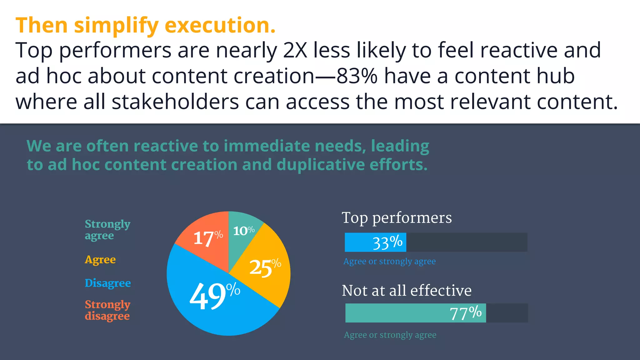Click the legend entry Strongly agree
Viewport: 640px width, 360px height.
click(x=107, y=229)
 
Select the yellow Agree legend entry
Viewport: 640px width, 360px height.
click(x=100, y=260)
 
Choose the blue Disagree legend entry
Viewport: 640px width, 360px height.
click(x=107, y=283)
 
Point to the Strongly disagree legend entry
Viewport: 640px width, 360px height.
click(x=107, y=310)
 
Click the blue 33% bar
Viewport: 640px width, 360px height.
click(x=375, y=242)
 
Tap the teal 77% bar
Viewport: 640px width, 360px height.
click(x=415, y=313)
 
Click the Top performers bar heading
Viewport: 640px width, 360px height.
click(x=397, y=218)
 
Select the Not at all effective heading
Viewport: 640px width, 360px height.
click(x=406, y=291)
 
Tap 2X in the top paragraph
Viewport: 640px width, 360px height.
click(x=295, y=50)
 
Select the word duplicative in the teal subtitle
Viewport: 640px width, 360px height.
click(x=320, y=165)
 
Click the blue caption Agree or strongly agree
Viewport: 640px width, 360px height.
click(x=389, y=261)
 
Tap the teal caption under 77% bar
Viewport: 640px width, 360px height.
click(x=390, y=335)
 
